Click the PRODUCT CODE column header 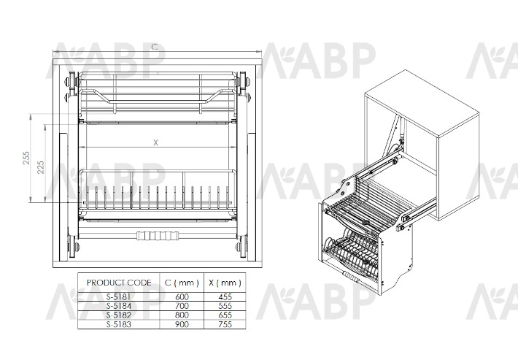pos(119,283)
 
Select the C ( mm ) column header pos(182,283)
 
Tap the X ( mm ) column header pos(225,283)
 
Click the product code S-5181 pos(119,297)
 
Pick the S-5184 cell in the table pos(119,306)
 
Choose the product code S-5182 pos(119,315)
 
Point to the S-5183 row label pos(119,324)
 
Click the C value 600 pos(182,297)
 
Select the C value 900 pos(182,324)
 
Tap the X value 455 pos(225,297)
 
